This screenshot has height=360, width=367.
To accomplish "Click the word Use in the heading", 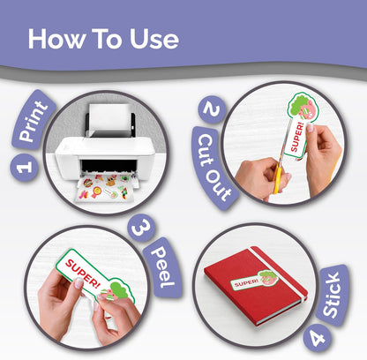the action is pyautogui.click(x=154, y=39).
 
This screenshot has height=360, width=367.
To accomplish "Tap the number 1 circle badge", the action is pyautogui.click(x=24, y=167).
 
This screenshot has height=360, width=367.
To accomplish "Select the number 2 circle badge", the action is pyautogui.click(x=213, y=109).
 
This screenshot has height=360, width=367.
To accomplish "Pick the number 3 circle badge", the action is pyautogui.click(x=141, y=228).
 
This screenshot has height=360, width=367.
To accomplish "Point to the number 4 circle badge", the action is pyautogui.click(x=318, y=338).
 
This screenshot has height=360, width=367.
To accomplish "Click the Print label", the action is pyautogui.click(x=34, y=121).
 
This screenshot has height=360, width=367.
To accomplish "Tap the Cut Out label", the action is pyautogui.click(x=213, y=169).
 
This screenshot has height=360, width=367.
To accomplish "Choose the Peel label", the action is pyautogui.click(x=162, y=267).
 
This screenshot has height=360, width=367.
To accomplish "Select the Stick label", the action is pyautogui.click(x=333, y=295).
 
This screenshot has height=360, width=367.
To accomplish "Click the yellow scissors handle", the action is pyautogui.click(x=277, y=178).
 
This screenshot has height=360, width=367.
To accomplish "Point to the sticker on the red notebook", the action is pyautogui.click(x=254, y=281).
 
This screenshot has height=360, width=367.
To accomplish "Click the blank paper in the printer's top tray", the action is pyautogui.click(x=110, y=118).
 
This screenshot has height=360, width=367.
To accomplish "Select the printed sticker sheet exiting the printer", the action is pyautogui.click(x=107, y=188).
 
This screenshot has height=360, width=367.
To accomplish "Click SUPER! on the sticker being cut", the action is pyautogui.click(x=296, y=138).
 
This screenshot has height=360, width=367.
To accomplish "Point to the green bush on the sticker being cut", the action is pyautogui.click(x=296, y=105).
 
